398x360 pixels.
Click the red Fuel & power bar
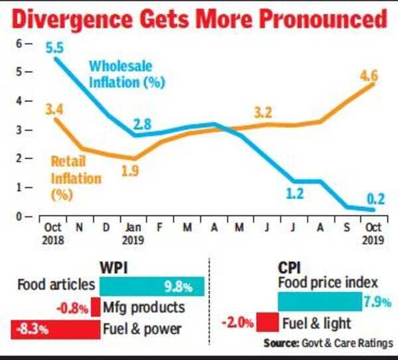(x=54, y=328)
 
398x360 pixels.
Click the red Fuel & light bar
(x=266, y=323)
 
